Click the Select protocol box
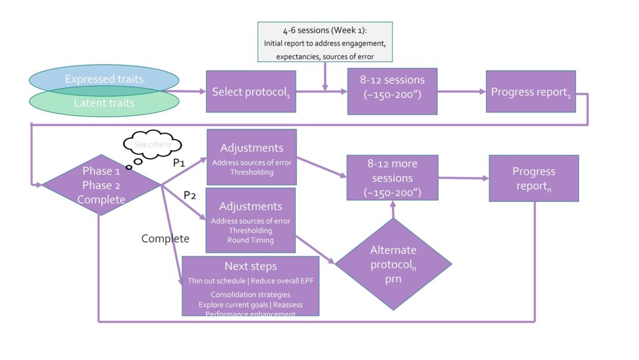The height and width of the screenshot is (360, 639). coord(251,92)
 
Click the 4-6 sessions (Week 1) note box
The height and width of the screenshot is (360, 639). coord(326,42)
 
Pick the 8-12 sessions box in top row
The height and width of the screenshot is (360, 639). coord(393,91)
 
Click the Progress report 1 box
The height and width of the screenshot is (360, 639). coord(530,92)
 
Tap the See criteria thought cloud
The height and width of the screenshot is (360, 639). coord(154,145)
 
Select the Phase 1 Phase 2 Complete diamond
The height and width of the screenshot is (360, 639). coord(101,185)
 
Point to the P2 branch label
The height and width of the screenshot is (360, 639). coord(190,195)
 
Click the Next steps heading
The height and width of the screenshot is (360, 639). coord(251,266)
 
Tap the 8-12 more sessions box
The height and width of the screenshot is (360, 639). coord(393,178)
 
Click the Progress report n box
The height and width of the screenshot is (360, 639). coord(534,178)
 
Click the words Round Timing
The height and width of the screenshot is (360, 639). coord(251,240)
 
